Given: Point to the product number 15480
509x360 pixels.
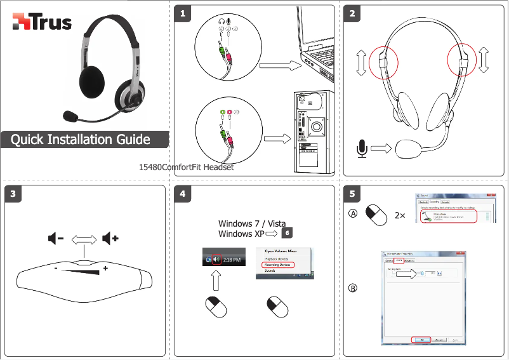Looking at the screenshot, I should click(152, 168).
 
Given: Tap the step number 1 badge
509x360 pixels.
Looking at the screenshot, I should click(183, 13).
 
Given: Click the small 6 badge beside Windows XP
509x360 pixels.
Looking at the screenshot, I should click(288, 233).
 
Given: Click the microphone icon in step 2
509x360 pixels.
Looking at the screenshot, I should click(361, 149).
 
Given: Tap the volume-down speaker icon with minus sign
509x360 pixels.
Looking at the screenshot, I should click(55, 239).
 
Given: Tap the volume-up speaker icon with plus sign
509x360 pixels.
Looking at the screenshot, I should click(111, 239).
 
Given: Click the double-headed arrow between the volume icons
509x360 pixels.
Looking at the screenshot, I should click(83, 239).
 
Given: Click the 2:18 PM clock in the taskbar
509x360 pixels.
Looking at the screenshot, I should click(232, 260).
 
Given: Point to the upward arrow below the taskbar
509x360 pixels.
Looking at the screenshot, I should click(216, 282).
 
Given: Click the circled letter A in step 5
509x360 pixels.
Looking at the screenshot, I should click(353, 214).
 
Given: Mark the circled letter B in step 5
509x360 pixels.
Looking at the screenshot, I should click(353, 288).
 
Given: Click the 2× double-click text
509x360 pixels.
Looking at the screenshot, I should click(400, 215).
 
